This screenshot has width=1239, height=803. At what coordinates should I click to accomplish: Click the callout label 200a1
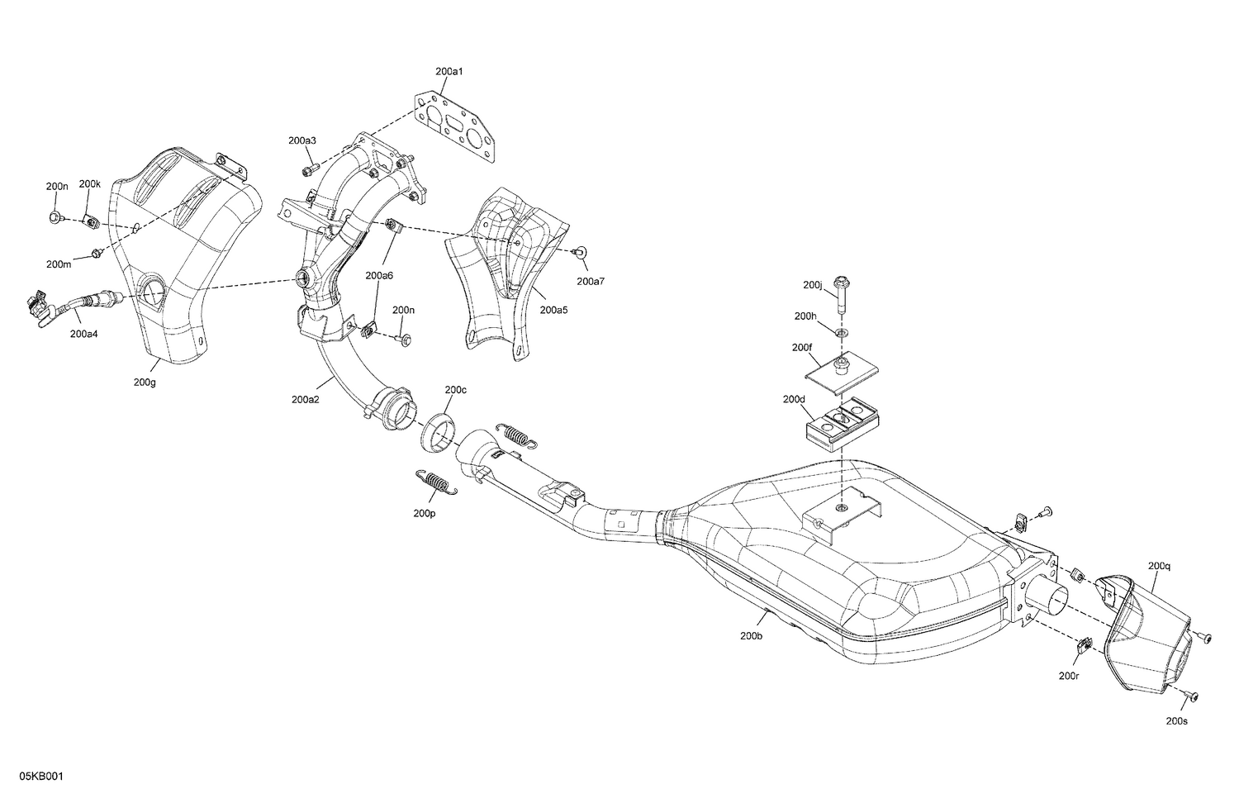(449, 72)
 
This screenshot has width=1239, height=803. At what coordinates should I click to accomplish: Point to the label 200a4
(83, 334)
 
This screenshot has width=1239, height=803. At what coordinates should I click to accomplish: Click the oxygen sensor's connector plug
(35, 306)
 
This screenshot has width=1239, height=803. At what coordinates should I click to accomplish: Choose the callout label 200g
(145, 382)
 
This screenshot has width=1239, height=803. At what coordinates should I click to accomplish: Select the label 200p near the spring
(425, 513)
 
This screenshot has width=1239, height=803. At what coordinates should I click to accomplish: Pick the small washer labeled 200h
(841, 332)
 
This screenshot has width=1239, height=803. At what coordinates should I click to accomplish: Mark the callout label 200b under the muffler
(752, 636)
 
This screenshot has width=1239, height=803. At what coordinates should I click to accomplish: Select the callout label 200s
(1177, 720)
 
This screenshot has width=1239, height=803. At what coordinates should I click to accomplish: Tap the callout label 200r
(1069, 675)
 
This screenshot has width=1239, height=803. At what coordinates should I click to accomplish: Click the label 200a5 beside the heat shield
(553, 310)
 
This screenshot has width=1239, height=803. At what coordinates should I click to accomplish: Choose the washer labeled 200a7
(579, 251)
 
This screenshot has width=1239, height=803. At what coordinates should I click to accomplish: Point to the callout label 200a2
(305, 399)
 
